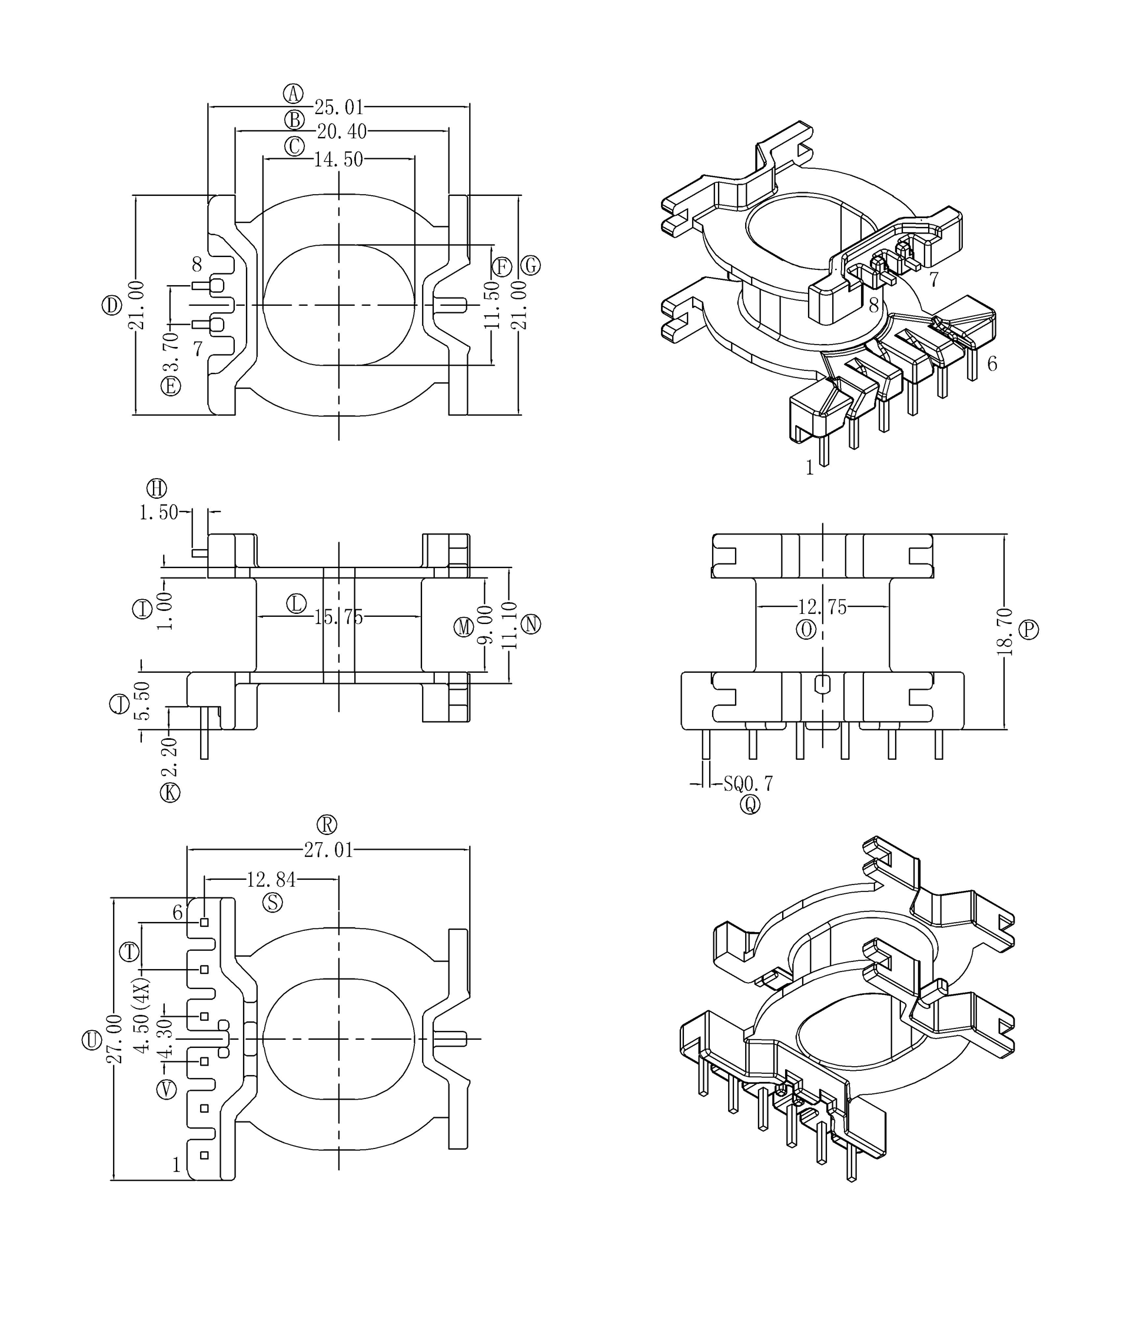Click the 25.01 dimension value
[338, 107]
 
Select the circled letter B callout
[294, 120]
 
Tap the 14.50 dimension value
[338, 159]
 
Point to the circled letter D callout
[112, 305]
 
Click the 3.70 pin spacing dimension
[171, 352]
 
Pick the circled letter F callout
[501, 267]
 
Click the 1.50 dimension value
[158, 512]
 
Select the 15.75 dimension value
[338, 617]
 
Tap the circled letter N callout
[531, 624]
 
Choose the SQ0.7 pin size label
[747, 783]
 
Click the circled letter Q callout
[750, 804]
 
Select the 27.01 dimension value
[328, 850]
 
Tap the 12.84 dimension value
[271, 880]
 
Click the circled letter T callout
[130, 952]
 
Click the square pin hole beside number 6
[204, 923]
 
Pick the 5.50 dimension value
[142, 700]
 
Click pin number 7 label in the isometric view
[933, 279]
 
